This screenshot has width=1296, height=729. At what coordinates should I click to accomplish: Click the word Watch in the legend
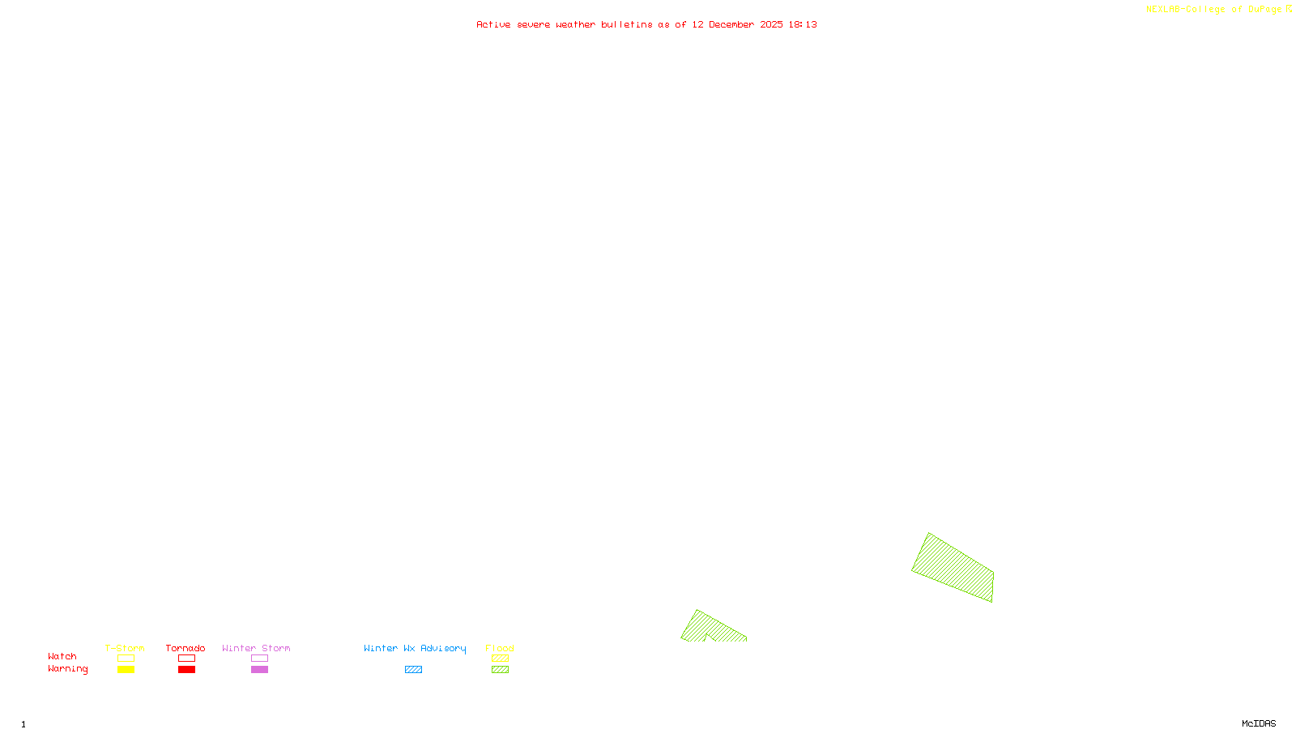tap(62, 656)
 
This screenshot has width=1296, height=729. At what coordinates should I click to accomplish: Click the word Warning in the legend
tap(68, 669)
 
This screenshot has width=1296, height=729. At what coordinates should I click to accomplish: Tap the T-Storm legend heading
tap(125, 648)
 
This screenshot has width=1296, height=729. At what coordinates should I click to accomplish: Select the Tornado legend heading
tap(185, 648)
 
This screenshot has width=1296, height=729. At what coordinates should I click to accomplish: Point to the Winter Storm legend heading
tap(256, 648)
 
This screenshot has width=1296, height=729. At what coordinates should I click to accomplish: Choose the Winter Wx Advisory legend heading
tap(415, 648)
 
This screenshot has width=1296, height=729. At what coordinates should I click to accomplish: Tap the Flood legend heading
tap(500, 648)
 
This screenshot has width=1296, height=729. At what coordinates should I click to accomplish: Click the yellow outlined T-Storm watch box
tap(126, 659)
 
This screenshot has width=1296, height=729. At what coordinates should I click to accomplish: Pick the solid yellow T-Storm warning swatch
tap(126, 670)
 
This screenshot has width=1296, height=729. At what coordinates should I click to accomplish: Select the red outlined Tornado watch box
tap(187, 659)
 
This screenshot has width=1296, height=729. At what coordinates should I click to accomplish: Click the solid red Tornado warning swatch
tap(187, 670)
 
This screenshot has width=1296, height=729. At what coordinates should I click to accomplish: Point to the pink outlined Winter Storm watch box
tap(259, 659)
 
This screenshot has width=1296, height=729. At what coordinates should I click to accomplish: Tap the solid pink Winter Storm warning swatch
tap(259, 670)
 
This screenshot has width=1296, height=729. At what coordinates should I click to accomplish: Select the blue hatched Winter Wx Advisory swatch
tap(413, 670)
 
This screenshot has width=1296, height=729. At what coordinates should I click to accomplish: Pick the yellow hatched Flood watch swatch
tap(501, 659)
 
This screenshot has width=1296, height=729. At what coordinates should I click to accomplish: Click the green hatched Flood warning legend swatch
tap(501, 670)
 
